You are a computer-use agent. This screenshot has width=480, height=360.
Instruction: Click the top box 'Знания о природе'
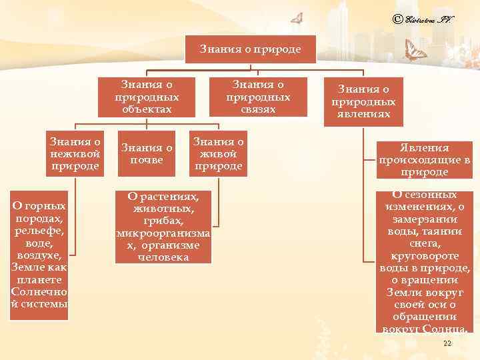click(x=250, y=49)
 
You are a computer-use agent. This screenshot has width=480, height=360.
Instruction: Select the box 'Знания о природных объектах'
click(x=147, y=97)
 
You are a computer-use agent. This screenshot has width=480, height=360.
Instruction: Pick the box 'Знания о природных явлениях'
click(x=363, y=102)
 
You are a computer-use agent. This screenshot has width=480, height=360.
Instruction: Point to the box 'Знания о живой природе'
click(x=218, y=153)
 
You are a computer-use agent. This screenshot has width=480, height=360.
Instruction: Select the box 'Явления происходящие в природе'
click(x=423, y=160)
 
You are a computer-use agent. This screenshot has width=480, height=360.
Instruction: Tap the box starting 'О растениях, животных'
click(x=163, y=226)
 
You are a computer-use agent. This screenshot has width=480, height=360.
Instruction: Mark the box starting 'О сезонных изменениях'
click(x=425, y=261)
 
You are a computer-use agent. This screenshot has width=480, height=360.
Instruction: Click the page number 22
click(x=447, y=343)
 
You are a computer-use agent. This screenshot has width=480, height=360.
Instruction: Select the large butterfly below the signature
click(x=416, y=52)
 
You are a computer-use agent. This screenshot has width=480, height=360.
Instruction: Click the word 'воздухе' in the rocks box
click(x=39, y=255)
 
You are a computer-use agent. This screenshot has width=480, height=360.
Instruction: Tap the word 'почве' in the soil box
click(x=147, y=160)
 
